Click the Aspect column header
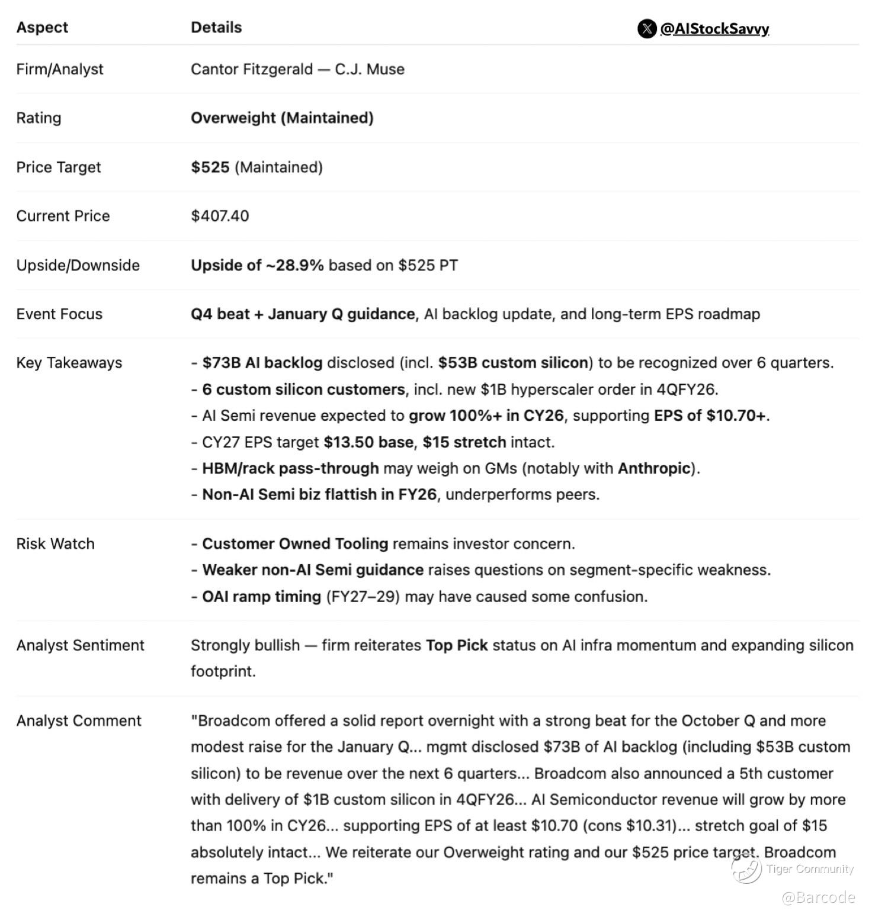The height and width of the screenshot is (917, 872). click(x=42, y=27)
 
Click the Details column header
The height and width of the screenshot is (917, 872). click(x=216, y=27)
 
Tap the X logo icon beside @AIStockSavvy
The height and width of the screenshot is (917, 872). click(x=646, y=28)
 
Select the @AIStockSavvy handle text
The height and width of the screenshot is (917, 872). click(x=714, y=28)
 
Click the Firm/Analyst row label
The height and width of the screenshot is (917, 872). click(x=60, y=69)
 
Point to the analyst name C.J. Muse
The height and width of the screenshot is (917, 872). click(x=370, y=69)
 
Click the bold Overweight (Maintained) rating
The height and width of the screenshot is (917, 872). click(x=282, y=118)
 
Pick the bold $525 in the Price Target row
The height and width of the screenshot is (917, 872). click(x=210, y=167)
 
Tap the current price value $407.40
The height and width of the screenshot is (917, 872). click(x=220, y=215)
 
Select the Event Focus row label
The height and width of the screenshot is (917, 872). click(x=59, y=314)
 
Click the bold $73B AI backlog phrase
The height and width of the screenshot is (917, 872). click(x=262, y=362)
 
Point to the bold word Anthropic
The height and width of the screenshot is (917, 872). click(x=654, y=468)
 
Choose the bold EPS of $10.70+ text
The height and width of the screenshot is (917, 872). click(x=710, y=416)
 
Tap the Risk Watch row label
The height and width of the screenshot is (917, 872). click(x=55, y=543)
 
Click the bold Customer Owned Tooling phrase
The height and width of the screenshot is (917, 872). click(x=295, y=543)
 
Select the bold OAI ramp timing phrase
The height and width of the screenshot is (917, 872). click(x=261, y=596)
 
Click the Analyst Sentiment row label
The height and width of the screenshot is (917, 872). click(x=80, y=645)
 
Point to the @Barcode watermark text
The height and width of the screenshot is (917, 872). click(x=818, y=897)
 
